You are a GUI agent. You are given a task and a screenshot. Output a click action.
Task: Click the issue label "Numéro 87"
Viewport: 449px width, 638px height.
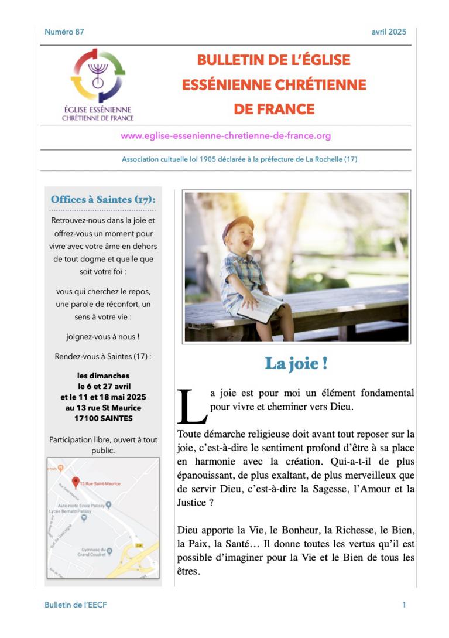(x=64, y=32)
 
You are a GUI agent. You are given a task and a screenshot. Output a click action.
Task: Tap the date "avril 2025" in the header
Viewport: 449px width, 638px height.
(x=389, y=32)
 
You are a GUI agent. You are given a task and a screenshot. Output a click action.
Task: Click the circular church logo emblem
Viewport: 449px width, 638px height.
(x=98, y=76)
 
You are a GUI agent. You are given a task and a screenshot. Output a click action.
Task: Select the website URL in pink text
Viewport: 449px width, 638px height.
(x=225, y=136)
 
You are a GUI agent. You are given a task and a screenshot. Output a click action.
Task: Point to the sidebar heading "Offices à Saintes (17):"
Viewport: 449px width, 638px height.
(x=103, y=199)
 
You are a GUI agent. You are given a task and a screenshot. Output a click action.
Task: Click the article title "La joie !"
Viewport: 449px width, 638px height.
(x=296, y=363)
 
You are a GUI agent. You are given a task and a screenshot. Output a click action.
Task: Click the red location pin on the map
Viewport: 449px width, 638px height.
(x=75, y=482)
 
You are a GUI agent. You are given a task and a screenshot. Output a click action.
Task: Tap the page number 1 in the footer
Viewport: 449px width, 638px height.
(x=404, y=605)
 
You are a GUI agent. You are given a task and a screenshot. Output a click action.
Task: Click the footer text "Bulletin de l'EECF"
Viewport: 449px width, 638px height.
(x=76, y=605)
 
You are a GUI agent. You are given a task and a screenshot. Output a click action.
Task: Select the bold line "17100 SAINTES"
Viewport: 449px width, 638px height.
(x=103, y=418)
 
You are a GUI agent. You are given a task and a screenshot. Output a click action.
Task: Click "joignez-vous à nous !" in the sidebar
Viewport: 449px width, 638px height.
(x=103, y=337)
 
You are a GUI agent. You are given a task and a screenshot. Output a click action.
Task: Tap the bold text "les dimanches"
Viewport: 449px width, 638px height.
(x=103, y=376)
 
